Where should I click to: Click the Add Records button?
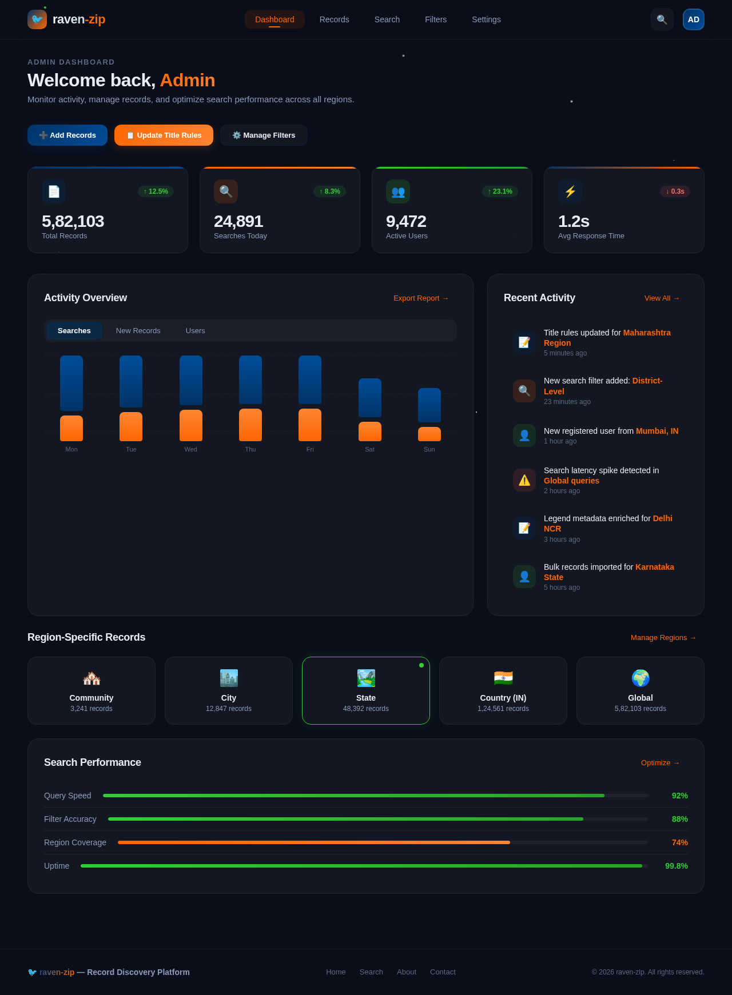[x=67, y=135]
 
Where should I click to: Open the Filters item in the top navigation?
[x=436, y=19]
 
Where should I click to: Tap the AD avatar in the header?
[x=693, y=19]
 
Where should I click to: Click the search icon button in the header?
[x=662, y=19]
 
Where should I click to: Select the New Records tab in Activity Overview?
[x=138, y=331]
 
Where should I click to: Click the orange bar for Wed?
[x=190, y=425]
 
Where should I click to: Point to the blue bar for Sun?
[x=429, y=405]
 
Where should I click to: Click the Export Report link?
[x=421, y=298]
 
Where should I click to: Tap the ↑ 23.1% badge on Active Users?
[x=500, y=191]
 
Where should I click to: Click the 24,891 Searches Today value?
[x=238, y=221]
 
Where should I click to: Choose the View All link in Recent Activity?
[x=662, y=298]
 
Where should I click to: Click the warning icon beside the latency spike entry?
[x=524, y=480]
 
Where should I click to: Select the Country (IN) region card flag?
[x=503, y=678]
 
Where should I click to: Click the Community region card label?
[x=91, y=698]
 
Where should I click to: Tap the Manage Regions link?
[x=663, y=638]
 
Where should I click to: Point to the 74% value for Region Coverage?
[x=679, y=843]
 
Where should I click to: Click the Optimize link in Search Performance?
[x=660, y=763]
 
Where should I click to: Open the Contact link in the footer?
[x=443, y=972]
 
